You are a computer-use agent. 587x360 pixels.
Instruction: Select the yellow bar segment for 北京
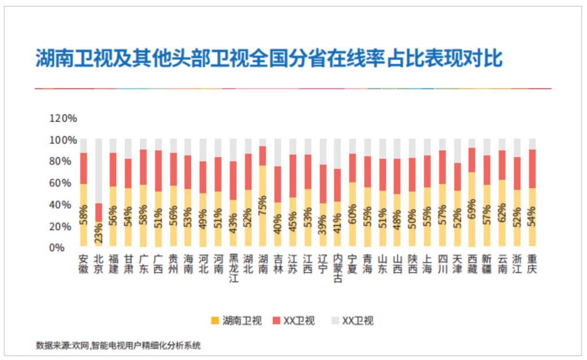pyautogui.click(x=98, y=234)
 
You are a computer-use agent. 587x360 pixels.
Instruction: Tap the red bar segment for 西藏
pyautogui.click(x=472, y=160)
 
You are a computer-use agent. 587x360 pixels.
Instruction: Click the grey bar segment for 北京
pyautogui.click(x=98, y=171)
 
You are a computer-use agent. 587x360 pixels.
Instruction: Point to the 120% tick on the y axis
pyautogui.click(x=63, y=118)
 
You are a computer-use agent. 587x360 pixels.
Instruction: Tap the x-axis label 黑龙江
pyautogui.click(x=233, y=268)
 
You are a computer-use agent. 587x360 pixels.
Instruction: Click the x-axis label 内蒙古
pyautogui.click(x=338, y=268)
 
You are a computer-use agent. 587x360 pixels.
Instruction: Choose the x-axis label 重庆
pyautogui.click(x=532, y=264)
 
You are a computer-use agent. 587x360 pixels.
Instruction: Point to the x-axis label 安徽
pyautogui.click(x=84, y=264)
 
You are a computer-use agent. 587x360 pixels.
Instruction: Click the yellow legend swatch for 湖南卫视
pyautogui.click(x=215, y=321)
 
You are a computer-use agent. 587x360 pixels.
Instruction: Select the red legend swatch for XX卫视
pyautogui.click(x=276, y=321)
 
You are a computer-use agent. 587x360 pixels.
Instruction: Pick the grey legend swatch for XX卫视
pyautogui.click(x=335, y=321)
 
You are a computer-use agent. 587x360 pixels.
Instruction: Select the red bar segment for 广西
pyautogui.click(x=158, y=171)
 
